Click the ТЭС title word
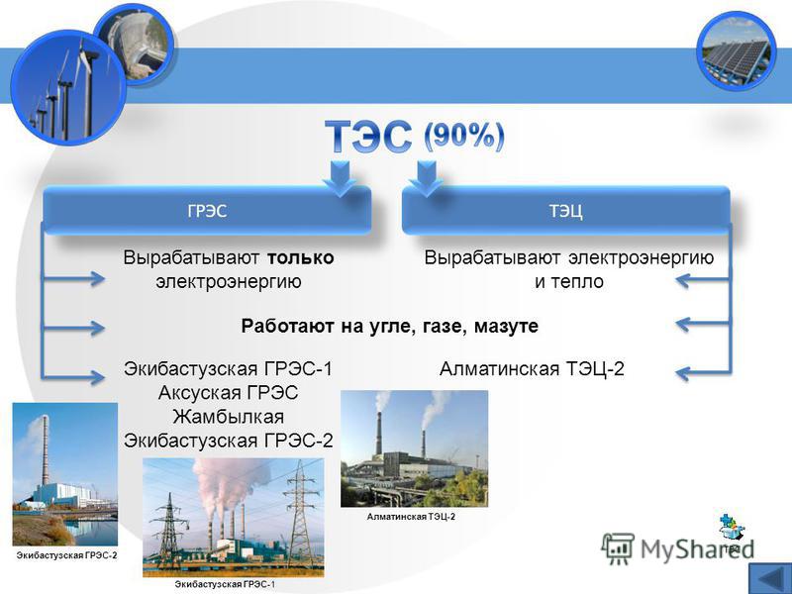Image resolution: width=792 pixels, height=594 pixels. pos(368,136)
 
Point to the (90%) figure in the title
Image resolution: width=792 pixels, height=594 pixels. pos(463,136)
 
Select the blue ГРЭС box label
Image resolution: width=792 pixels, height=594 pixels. pos(207,211)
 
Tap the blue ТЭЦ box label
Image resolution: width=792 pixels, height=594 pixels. pos(565,211)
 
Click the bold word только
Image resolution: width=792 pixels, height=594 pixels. pos(300,257)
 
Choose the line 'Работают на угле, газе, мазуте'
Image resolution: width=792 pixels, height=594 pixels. pos(389,326)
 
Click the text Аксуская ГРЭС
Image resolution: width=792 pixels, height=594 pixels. pos(228,392)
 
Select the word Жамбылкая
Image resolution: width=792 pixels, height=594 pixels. pos(228,417)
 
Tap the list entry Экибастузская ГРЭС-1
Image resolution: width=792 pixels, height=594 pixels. pos(229,368)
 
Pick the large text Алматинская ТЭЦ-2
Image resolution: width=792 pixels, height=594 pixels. pos(532,368)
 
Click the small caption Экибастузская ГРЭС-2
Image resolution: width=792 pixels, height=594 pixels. pos(66,555)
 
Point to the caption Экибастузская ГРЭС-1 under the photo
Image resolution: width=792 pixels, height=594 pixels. pos(226,584)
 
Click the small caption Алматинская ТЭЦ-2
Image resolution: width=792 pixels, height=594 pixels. pos(411,517)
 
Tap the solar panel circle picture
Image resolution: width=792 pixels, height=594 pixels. pos(735,50)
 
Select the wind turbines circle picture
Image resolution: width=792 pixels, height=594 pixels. pos(67,87)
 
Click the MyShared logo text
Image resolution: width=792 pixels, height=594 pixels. pos(697,548)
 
